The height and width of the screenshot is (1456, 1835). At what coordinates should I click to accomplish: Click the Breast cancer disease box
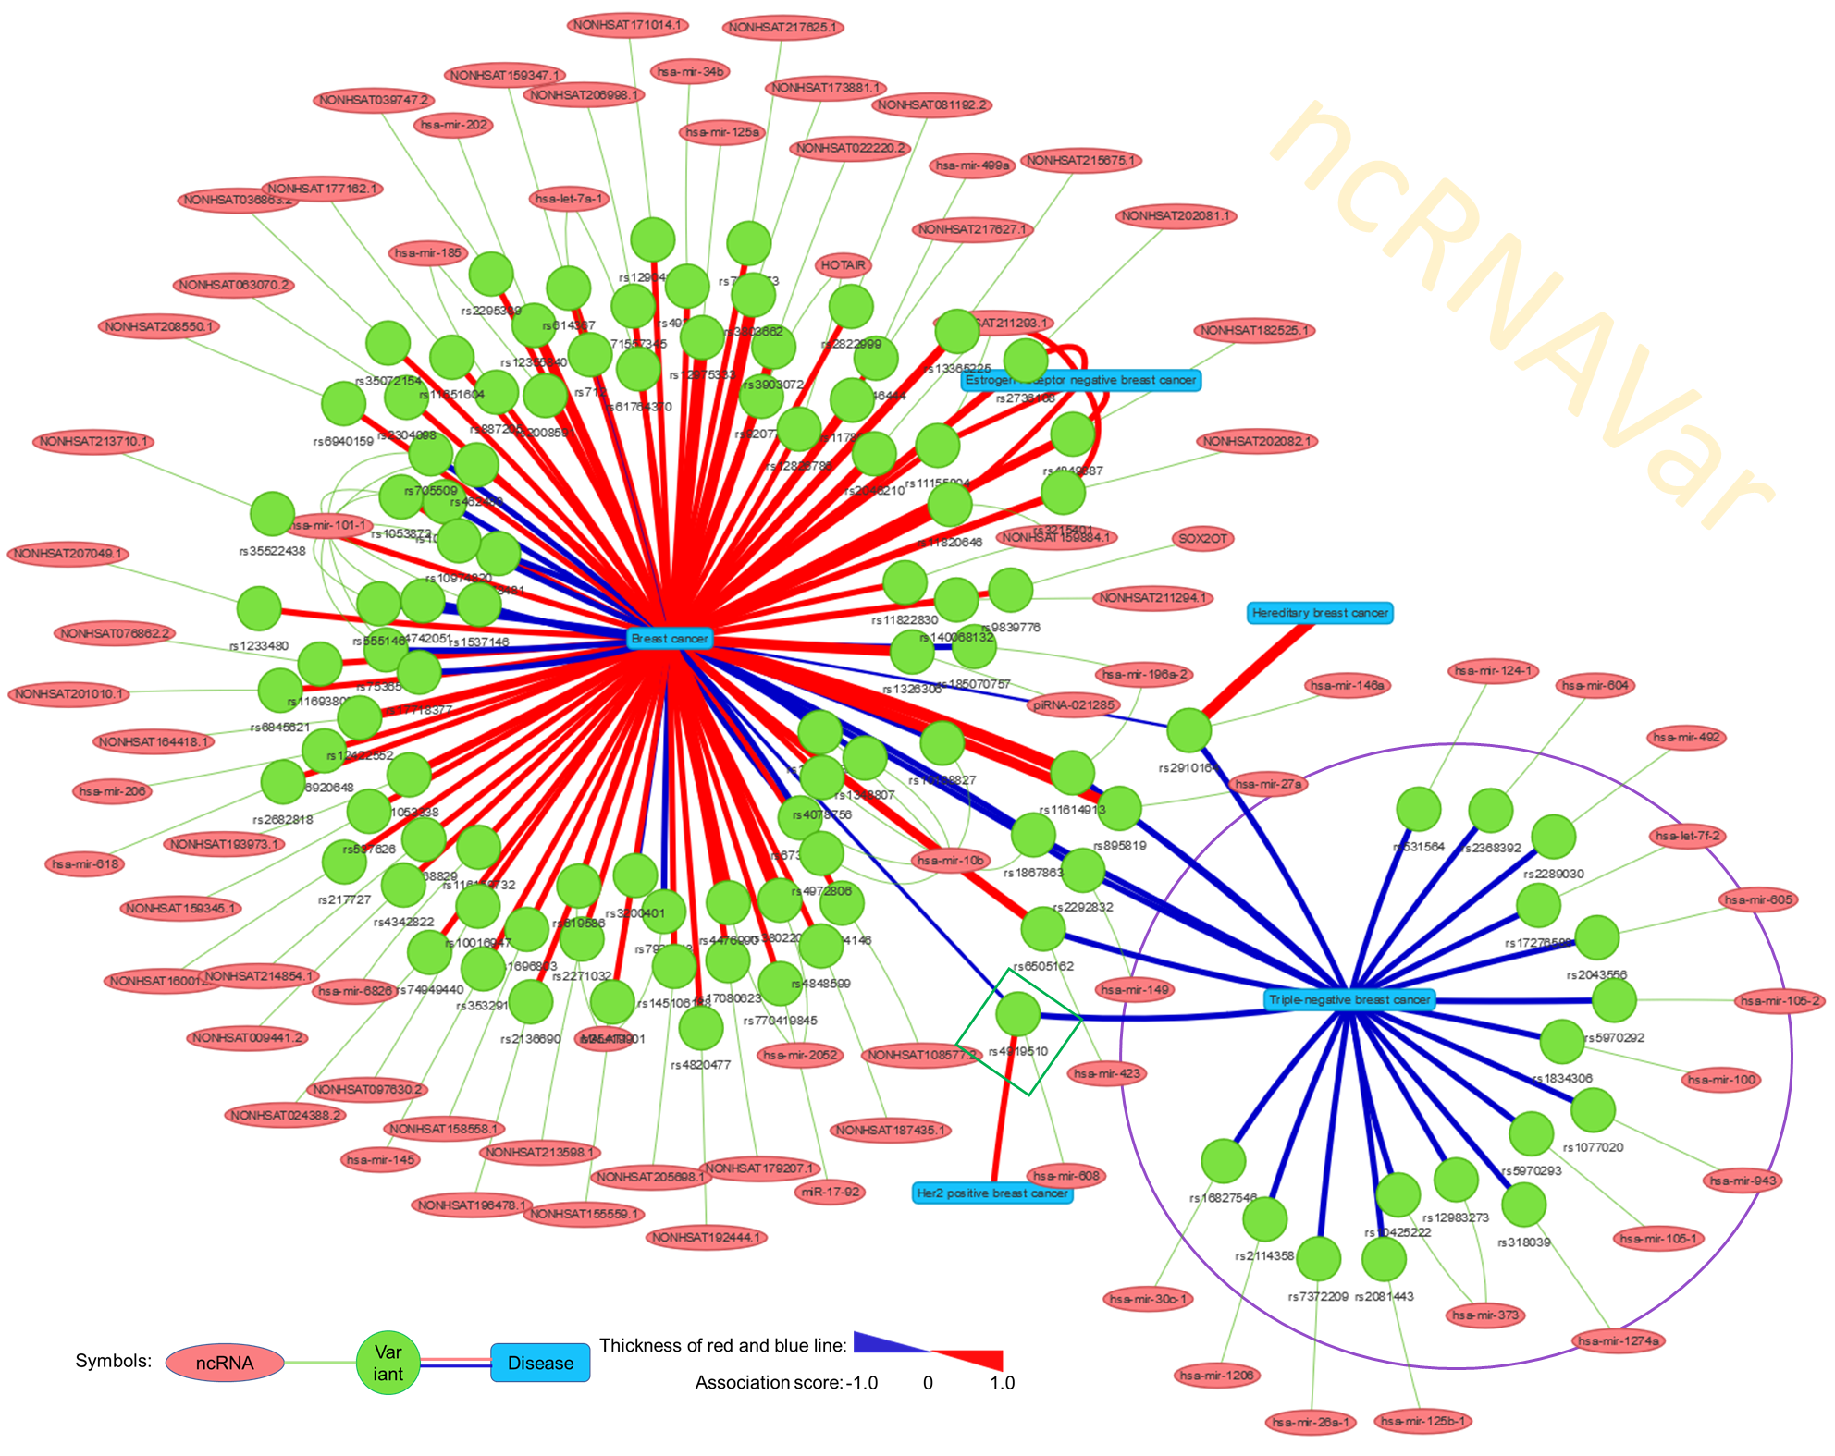(x=670, y=639)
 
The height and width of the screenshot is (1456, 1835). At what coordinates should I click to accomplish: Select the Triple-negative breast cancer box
(x=1349, y=999)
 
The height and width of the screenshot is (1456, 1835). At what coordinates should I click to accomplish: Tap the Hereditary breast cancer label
(x=1320, y=613)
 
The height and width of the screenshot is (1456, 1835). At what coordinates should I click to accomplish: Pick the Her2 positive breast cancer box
(x=992, y=1193)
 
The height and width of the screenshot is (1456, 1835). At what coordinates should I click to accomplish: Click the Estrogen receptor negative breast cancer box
(x=1080, y=380)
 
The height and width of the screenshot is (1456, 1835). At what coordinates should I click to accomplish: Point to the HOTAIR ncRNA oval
(x=844, y=265)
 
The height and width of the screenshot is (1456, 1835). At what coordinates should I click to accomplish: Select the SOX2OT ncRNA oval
(x=1203, y=538)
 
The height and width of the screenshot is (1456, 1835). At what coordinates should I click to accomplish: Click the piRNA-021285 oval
(x=1074, y=705)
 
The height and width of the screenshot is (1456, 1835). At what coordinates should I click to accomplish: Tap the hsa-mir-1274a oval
(x=1619, y=1340)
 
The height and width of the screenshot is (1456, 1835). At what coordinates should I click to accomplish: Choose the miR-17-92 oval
(x=831, y=1192)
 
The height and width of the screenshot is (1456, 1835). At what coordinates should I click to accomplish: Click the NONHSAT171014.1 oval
(x=628, y=25)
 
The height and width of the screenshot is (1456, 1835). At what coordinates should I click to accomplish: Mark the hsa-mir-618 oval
(x=85, y=864)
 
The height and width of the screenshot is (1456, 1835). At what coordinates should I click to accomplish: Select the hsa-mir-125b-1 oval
(x=1422, y=1421)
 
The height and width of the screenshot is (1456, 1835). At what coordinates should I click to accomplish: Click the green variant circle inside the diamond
(x=1018, y=1014)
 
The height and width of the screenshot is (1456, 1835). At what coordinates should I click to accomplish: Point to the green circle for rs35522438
(x=272, y=514)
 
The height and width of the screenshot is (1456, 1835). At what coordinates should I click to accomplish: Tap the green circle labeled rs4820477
(x=700, y=1027)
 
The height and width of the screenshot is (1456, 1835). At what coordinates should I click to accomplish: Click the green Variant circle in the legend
(x=388, y=1363)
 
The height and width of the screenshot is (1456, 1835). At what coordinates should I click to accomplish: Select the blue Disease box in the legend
(x=540, y=1363)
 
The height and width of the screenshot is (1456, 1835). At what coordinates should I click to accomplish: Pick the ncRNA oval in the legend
(x=225, y=1363)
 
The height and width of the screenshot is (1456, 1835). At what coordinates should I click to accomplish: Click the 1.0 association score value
(x=1002, y=1383)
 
